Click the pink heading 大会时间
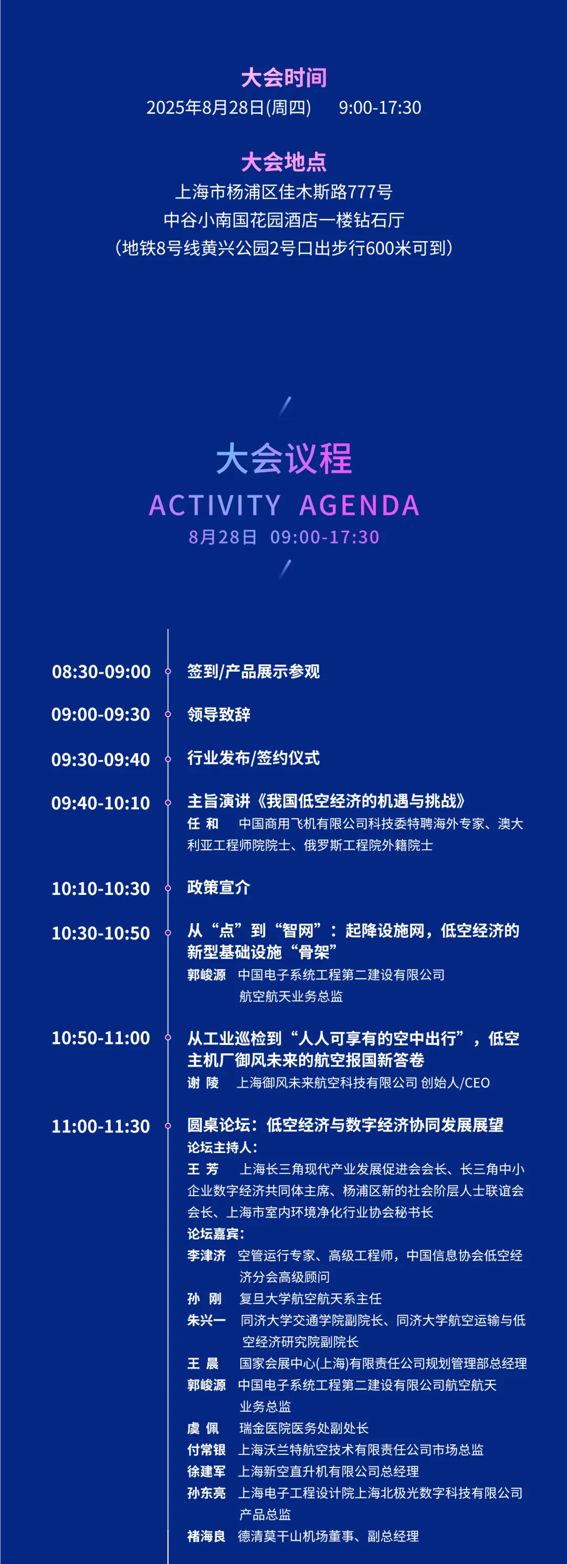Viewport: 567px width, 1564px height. point(283,78)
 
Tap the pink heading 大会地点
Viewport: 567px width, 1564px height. point(283,162)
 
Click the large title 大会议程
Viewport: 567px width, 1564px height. point(283,458)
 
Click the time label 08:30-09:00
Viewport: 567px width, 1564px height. point(101,671)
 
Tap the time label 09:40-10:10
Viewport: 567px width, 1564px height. point(101,803)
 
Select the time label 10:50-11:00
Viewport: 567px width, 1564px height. point(101,1038)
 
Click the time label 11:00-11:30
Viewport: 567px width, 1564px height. point(101,1126)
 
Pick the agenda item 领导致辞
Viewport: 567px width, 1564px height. point(218,714)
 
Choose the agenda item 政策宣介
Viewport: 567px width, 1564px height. point(218,887)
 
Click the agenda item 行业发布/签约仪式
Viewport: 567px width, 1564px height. point(253,758)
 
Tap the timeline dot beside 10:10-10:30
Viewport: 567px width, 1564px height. point(168,888)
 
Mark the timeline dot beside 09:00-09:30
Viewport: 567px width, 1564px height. point(168,715)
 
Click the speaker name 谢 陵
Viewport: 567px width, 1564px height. point(203,1083)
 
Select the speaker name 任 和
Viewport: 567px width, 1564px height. point(203,824)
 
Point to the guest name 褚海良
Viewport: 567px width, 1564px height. point(206,1536)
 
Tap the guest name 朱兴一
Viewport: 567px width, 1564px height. point(206,1320)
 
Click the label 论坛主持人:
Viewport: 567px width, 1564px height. point(222,1147)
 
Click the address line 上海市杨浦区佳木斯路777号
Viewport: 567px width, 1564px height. point(283,192)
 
